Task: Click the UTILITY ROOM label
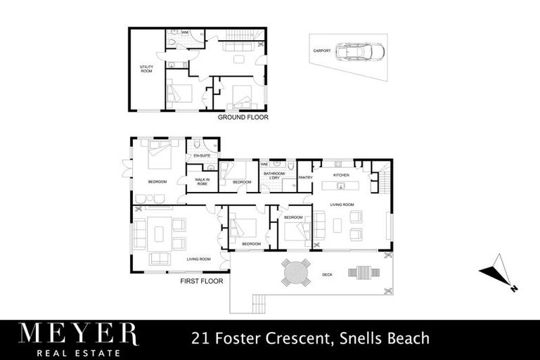(146, 69)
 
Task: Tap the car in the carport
(359, 52)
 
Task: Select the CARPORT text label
(322, 51)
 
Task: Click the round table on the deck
(296, 272)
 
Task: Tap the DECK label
(327, 274)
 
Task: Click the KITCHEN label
(341, 174)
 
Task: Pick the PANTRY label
(305, 177)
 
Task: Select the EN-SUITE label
(202, 155)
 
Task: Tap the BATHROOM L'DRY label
(274, 175)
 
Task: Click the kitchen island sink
(340, 186)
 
